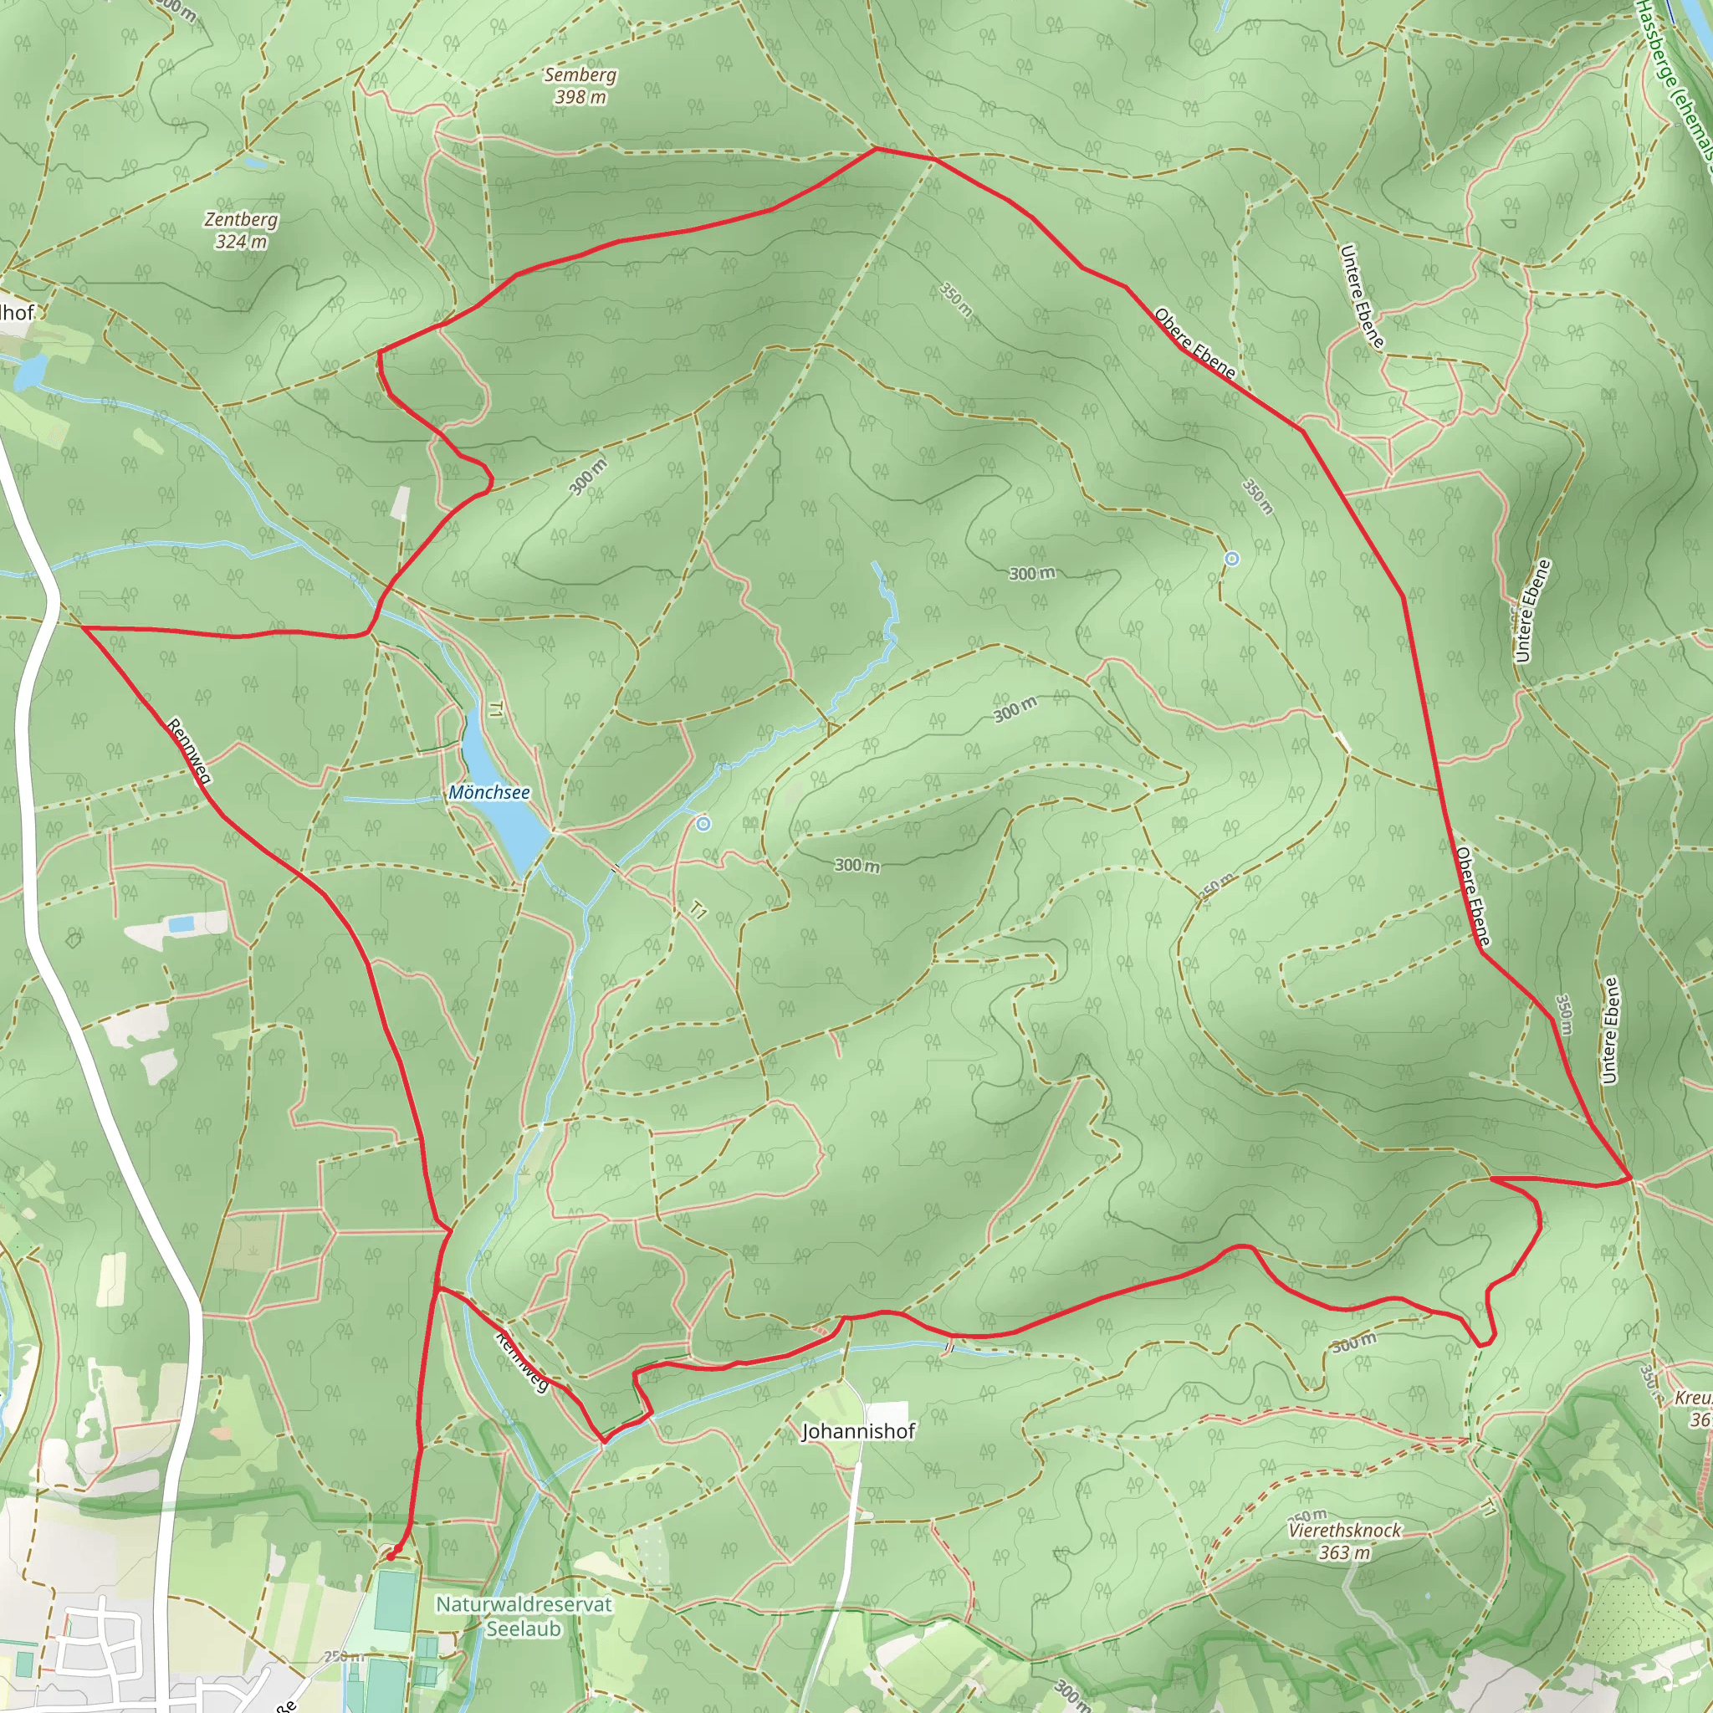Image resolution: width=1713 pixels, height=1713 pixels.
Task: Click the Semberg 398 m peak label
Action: [x=580, y=86]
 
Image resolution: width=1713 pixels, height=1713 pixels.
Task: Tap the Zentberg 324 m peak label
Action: [x=240, y=230]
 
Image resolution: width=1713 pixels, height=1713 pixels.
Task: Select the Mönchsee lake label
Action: [x=488, y=792]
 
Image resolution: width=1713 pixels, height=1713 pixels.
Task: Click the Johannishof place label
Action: [x=857, y=1430]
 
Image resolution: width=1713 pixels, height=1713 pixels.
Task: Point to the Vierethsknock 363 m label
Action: [x=1344, y=1541]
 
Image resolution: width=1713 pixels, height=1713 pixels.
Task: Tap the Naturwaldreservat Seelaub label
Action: [x=523, y=1615]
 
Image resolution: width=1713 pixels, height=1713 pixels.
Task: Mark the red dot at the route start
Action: [x=390, y=1556]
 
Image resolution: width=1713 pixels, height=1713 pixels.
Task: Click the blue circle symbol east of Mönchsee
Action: [x=703, y=825]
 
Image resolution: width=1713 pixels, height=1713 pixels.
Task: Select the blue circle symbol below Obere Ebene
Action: [x=1231, y=559]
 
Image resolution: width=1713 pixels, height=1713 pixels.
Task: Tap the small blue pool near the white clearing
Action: [x=181, y=925]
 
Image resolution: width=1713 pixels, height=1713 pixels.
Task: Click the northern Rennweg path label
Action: [x=189, y=751]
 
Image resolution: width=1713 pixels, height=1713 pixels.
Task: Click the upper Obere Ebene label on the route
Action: [x=1194, y=343]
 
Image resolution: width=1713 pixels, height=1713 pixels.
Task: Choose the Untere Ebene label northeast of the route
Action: [x=1361, y=296]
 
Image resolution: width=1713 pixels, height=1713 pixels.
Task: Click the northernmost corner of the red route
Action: [x=876, y=148]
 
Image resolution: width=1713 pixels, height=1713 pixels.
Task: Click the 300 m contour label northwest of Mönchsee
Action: [x=588, y=476]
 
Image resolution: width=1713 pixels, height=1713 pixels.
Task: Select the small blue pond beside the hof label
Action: [x=28, y=372]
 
